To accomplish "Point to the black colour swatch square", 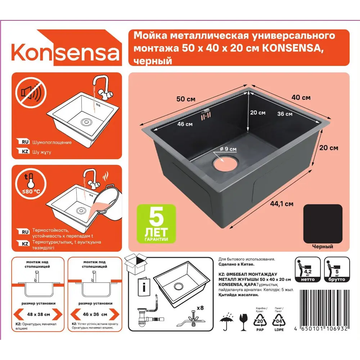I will coord(323,224).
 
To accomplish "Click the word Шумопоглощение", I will coord(52,142).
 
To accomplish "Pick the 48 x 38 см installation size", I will coord(38,314).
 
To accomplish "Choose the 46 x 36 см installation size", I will coord(94,314).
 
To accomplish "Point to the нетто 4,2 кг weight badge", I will coord(307,270).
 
